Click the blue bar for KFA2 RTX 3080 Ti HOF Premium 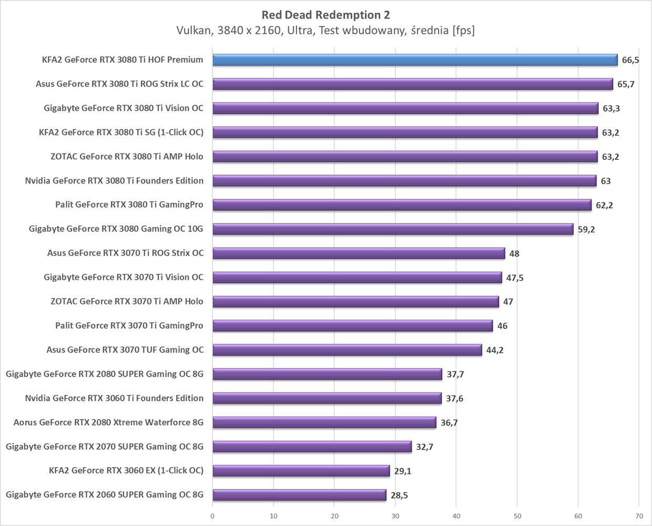[415, 60]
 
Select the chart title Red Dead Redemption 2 [326, 15]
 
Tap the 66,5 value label [630, 60]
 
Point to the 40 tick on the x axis [456, 516]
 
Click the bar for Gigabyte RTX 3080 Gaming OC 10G [393, 229]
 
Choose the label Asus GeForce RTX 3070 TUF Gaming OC [125, 350]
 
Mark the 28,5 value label [399, 495]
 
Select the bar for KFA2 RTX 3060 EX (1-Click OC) [301, 471]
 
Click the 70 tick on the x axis [639, 516]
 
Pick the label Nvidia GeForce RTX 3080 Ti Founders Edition [114, 181]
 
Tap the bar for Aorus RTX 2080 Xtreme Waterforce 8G [324, 422]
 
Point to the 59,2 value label [586, 229]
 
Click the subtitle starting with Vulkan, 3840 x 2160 [326, 31]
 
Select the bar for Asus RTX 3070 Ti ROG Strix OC [359, 254]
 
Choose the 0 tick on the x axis [212, 516]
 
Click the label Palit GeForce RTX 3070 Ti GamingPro [129, 326]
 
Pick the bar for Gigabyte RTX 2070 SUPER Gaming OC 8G [312, 447]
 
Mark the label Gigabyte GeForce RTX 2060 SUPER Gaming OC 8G [105, 494]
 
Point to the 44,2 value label [495, 350]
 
